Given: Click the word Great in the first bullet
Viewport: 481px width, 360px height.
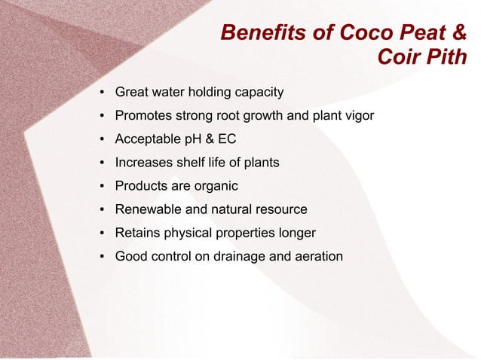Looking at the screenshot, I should tap(132, 93).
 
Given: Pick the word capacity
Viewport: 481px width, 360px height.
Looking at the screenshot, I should tap(258, 93).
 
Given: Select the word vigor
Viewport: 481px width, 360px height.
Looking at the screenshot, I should tap(357, 116).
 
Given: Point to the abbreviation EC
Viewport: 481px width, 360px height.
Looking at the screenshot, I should tap(228, 139).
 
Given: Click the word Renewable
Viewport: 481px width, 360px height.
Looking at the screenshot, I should tap(147, 209).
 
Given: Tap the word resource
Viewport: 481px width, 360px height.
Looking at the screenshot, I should tap(280, 209).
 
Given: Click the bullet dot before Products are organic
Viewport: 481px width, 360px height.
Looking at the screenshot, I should tap(101, 186).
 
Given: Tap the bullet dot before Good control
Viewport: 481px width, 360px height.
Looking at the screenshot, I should tap(101, 256).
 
